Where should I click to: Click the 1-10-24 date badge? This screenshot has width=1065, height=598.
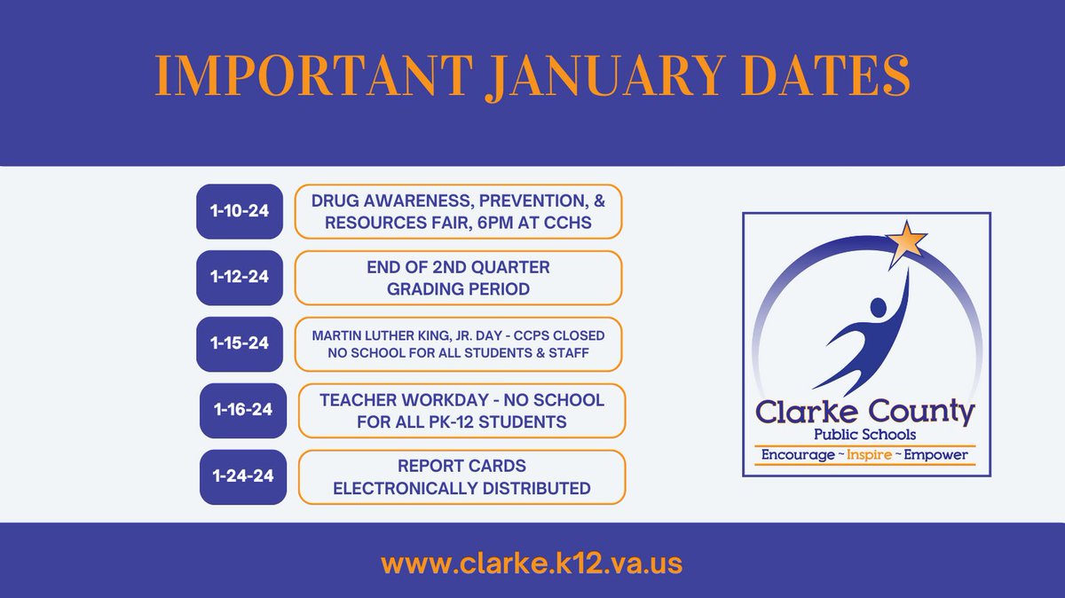[239, 211]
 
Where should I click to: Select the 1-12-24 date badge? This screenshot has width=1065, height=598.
[239, 278]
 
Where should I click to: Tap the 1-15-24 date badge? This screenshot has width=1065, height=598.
[239, 343]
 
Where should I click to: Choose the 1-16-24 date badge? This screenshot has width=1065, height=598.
[243, 410]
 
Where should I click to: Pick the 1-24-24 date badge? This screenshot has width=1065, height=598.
[243, 476]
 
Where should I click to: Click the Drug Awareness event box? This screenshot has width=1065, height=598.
[458, 211]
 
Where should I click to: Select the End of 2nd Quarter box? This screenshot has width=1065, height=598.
[458, 278]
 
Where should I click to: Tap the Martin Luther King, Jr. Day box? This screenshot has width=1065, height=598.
[458, 343]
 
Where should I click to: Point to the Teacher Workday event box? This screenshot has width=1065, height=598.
[461, 410]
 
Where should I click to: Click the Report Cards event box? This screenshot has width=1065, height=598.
[461, 477]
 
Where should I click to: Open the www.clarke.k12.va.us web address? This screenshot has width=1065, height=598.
[532, 563]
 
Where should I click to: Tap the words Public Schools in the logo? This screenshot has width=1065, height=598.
[865, 434]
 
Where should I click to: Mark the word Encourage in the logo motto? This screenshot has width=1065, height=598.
[793, 455]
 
